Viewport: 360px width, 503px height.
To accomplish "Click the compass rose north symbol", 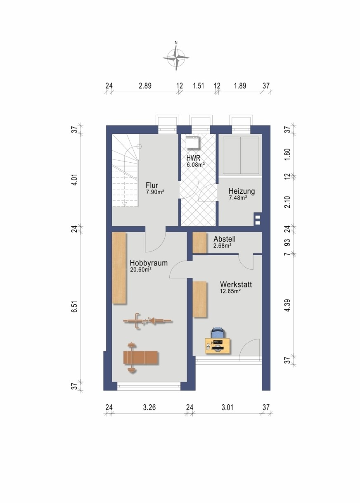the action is click(x=176, y=57).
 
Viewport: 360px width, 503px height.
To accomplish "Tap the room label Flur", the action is click(x=152, y=185).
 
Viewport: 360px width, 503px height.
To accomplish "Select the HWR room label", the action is click(x=193, y=158).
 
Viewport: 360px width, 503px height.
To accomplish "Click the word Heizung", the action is click(x=242, y=191).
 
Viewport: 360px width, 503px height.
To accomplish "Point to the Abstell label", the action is click(x=225, y=239).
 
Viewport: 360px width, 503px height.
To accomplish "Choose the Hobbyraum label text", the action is click(x=149, y=263).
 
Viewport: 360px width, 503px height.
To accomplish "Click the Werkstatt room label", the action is click(x=236, y=285).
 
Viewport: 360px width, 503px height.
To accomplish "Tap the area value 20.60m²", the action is click(x=140, y=270).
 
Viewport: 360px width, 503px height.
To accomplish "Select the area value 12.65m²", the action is click(x=230, y=291).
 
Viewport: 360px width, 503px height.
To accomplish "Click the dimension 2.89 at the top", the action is click(x=145, y=86).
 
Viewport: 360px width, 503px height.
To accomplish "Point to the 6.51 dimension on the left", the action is click(x=75, y=306).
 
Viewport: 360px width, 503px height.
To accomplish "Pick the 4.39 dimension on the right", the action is click(x=287, y=305).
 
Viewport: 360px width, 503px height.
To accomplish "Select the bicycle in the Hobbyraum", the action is click(x=148, y=321).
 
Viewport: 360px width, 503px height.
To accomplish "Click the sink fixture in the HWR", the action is click(x=192, y=142).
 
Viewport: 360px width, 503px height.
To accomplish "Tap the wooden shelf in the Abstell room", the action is click(x=199, y=242).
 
